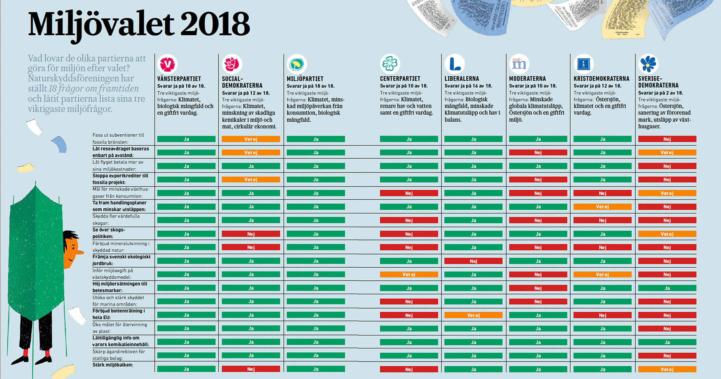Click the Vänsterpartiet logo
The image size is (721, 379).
pos(168,64)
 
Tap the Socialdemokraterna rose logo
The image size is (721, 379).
pos(232,64)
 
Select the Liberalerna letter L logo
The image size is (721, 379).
pos(455,64)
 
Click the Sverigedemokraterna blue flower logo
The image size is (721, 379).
pos(648,64)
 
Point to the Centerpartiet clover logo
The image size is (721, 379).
pos(390,64)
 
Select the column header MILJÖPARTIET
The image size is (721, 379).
pos(305,79)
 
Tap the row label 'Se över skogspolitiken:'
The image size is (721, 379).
pos(109,233)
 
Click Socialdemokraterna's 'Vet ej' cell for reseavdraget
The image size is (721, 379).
pos(251,153)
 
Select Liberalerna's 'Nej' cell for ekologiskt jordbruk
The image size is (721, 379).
pos(473,261)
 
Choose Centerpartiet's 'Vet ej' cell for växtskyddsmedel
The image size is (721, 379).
pos(409,275)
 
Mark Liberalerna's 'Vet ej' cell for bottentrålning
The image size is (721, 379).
pos(473,315)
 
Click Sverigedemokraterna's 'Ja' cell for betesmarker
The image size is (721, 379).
pos(667,288)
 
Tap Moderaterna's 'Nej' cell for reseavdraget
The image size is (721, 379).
pos(538,153)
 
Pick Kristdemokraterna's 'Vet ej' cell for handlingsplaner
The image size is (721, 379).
pos(602,207)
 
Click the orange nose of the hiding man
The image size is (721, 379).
pos(80,253)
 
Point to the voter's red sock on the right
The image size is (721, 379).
pos(47,353)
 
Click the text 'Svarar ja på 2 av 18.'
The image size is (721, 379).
pos(660,93)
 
